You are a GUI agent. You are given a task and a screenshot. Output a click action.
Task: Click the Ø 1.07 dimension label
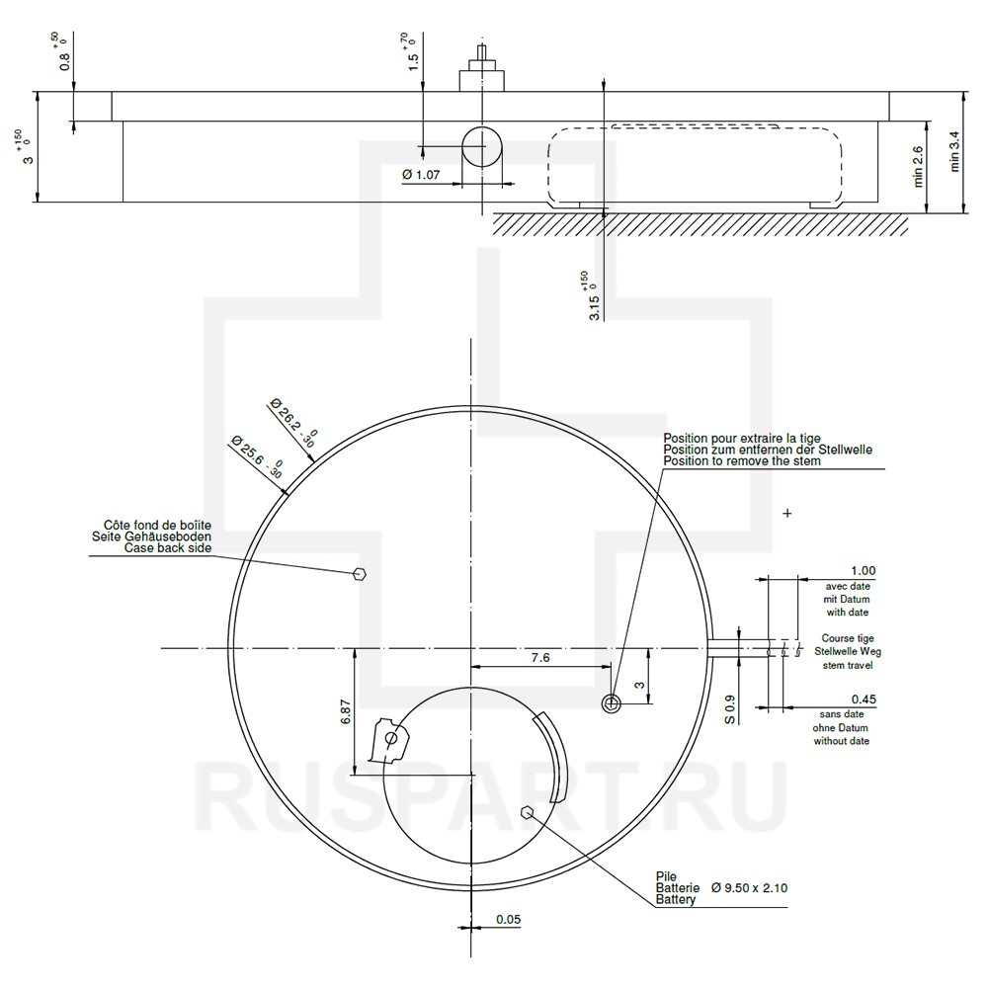click(x=421, y=175)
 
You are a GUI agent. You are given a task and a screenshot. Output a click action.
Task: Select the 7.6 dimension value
click(x=540, y=658)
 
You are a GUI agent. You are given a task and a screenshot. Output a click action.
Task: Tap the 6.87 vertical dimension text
click(x=345, y=711)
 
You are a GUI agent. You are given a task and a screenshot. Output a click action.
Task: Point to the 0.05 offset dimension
click(x=508, y=919)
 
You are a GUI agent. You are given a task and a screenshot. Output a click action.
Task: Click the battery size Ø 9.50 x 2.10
click(x=749, y=888)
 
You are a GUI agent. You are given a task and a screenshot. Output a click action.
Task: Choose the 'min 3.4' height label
click(x=954, y=151)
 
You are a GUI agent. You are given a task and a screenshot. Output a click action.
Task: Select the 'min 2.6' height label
click(x=918, y=166)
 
